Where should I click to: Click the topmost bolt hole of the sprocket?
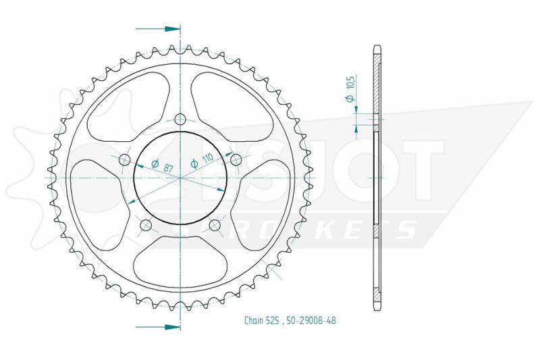coord(180,120)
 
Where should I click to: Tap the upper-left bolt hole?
coord(124,159)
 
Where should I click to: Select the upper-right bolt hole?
coord(236,159)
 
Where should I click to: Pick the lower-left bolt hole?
coord(146,226)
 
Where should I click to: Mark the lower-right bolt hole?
coord(215,226)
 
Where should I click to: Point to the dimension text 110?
coord(207,158)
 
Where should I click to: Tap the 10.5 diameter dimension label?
coord(350,88)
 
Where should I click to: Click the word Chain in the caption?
coord(254,321)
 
